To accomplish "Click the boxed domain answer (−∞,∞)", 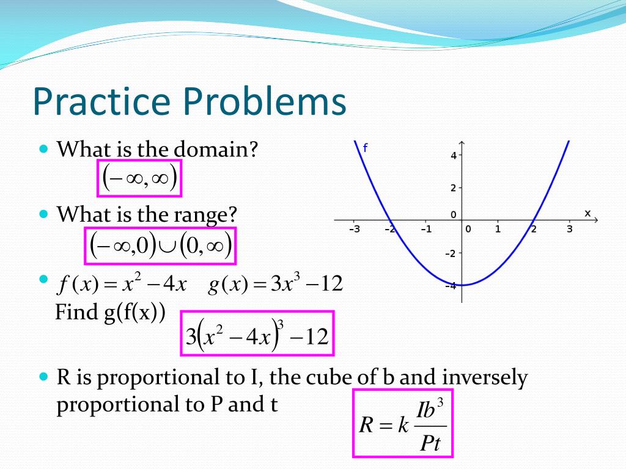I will [x=140, y=178].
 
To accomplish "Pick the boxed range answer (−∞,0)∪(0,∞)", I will [x=160, y=246].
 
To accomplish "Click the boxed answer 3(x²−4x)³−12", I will [x=257, y=333].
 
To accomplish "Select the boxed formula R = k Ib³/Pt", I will [x=403, y=424].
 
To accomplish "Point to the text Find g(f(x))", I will [x=110, y=313].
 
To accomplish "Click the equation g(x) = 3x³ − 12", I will [x=275, y=284].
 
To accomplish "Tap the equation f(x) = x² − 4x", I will [x=122, y=284].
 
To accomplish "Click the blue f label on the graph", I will [x=365, y=148].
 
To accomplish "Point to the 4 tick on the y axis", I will [x=454, y=156].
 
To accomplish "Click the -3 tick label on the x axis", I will [x=354, y=230].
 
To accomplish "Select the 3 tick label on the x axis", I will [x=569, y=230].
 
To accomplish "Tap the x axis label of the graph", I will [x=587, y=213].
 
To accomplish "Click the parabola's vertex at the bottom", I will [x=462, y=285].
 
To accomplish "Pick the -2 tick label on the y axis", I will [x=451, y=253].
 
